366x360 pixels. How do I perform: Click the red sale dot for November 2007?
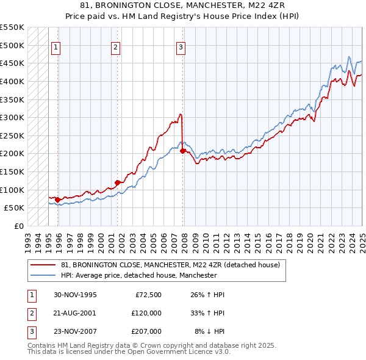click(x=183, y=151)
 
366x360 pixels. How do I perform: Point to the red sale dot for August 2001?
click(x=118, y=182)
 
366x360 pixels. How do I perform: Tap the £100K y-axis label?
click(x=12, y=190)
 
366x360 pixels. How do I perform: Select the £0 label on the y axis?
click(x=19, y=226)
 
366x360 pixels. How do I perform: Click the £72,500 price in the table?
click(x=146, y=295)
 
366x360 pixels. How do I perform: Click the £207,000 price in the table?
click(x=146, y=331)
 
